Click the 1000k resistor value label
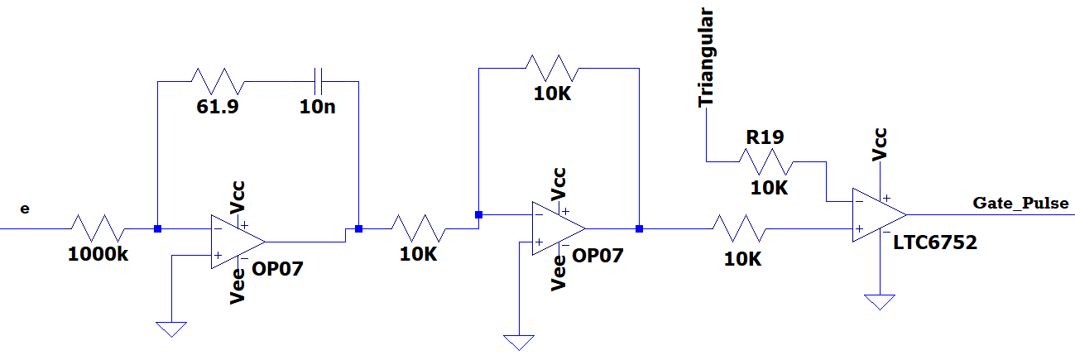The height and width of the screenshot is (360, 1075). [98, 254]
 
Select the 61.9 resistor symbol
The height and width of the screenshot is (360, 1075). [218, 81]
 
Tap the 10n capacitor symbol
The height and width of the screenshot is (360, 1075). [319, 81]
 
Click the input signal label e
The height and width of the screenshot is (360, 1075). [24, 209]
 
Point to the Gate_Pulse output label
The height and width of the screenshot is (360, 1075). [1020, 203]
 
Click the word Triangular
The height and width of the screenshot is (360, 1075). [706, 57]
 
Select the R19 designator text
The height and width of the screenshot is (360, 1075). [765, 137]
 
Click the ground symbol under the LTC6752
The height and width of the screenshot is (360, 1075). [880, 301]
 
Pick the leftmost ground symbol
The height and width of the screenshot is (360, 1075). [171, 329]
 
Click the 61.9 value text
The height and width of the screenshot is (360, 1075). [218, 107]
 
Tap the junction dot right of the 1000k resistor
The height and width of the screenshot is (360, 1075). [156, 228]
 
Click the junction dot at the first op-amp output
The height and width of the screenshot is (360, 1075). [358, 228]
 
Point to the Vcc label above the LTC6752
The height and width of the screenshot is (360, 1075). [880, 142]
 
